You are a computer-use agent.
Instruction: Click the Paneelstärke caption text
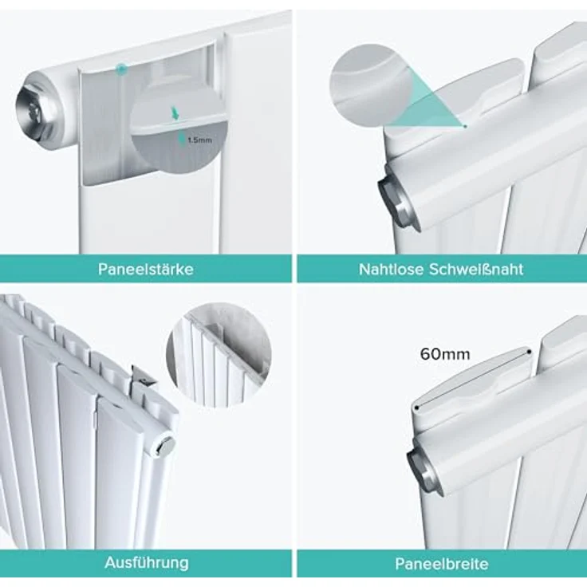(x=146, y=269)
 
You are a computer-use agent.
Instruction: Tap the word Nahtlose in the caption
(x=392, y=269)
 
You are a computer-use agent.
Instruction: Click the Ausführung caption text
(x=147, y=562)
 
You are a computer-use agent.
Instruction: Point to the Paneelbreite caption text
(x=442, y=563)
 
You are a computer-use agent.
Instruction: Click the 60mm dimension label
(x=445, y=354)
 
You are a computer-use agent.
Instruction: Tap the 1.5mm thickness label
(x=199, y=140)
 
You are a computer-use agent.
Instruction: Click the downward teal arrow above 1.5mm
(x=175, y=113)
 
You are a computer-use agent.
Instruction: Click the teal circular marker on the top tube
(x=121, y=69)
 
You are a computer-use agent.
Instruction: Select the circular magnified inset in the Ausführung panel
(x=219, y=354)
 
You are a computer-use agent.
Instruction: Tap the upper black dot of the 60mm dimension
(x=529, y=352)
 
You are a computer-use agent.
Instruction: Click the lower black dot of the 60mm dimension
(x=416, y=408)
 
